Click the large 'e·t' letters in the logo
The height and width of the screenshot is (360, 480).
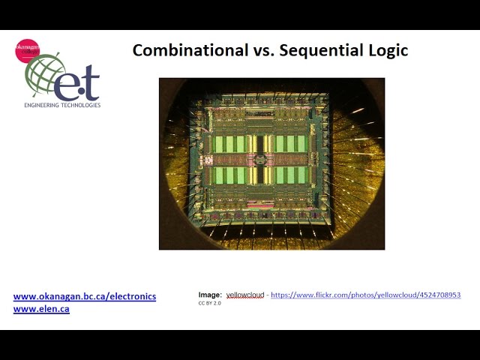pos(79,85)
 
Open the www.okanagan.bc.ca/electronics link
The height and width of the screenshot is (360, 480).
pos(85,296)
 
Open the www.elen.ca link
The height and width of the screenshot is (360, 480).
pos(41,308)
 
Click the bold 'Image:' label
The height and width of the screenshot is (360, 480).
pos(210,295)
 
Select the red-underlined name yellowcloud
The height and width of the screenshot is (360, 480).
pos(245,295)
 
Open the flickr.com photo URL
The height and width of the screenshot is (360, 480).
pos(365,295)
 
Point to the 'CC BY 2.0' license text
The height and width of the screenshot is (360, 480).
pos(209,304)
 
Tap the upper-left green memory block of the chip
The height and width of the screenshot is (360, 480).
pos(229,143)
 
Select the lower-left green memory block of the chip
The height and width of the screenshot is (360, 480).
pos(229,175)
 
